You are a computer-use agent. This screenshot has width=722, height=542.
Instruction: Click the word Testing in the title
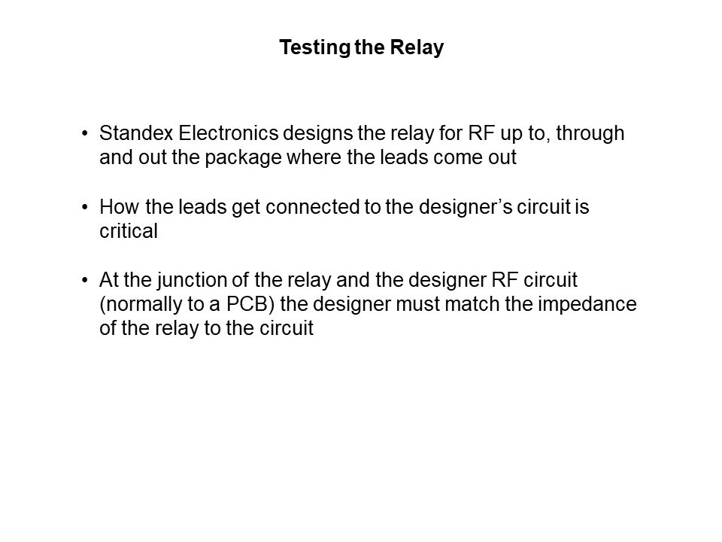click(315, 48)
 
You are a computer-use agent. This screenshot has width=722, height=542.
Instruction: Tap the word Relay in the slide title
click(417, 48)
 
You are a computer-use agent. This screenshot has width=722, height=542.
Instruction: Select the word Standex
click(136, 133)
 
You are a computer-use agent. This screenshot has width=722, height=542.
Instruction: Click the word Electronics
click(229, 133)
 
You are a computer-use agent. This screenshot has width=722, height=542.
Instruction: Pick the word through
click(590, 134)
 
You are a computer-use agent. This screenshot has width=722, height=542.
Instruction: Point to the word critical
click(129, 231)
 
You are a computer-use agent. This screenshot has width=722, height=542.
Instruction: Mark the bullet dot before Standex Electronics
click(85, 134)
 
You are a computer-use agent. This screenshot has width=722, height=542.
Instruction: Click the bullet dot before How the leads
click(85, 208)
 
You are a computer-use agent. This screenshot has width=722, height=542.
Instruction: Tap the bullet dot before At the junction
click(85, 280)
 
